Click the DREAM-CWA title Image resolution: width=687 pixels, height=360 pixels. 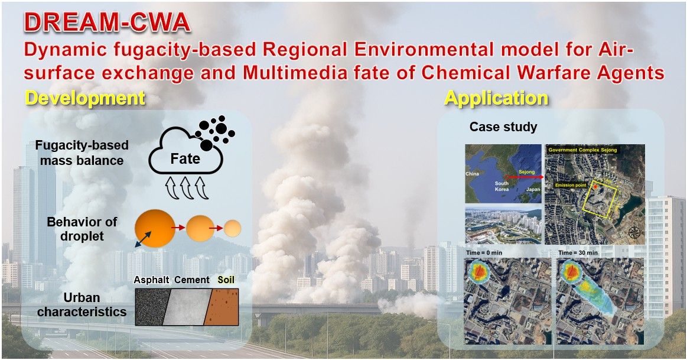coord(108,23)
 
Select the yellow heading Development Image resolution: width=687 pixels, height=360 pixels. coord(85,98)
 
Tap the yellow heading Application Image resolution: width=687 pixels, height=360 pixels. coord(496,98)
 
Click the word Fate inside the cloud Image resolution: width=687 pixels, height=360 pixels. coord(185,158)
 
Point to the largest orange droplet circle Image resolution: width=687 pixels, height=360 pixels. coord(155,228)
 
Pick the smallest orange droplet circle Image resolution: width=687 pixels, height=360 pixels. coord(233,228)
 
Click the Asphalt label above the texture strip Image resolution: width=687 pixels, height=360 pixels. coord(152,280)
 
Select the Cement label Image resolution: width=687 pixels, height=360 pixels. coord(192,280)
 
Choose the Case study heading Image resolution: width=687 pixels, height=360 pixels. coord(503,127)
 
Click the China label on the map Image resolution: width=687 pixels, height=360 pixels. coord(473,174)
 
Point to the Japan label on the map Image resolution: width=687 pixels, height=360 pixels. coord(533,189)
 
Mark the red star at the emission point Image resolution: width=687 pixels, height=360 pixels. coord(596,187)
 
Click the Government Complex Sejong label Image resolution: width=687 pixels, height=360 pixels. coord(582,150)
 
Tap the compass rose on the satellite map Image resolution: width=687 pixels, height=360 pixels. coord(634,232)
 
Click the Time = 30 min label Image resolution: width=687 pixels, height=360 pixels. coord(578,253)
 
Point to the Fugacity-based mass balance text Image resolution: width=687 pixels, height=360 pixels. coord(82,153)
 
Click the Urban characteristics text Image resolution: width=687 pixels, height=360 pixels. coord(82,305)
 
